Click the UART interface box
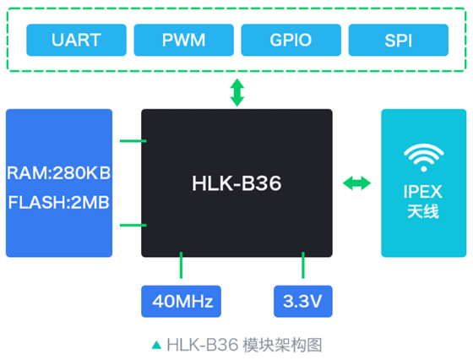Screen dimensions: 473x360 (76, 40)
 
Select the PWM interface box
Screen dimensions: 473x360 (184, 40)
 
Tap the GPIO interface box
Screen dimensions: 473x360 (291, 40)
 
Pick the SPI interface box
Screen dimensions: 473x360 (399, 40)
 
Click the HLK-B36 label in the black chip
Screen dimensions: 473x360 (236, 183)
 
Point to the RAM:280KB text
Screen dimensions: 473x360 (59, 173)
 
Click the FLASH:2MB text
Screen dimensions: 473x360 (59, 202)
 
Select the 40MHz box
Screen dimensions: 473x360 (181, 301)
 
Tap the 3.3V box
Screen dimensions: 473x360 (303, 301)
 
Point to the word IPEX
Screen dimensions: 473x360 (423, 192)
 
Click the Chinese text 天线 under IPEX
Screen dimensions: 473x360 (423, 211)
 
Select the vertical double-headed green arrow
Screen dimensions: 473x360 (237, 92)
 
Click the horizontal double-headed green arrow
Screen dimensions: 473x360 (356, 183)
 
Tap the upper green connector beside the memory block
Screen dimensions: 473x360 (133, 141)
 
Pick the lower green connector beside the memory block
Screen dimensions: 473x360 (133, 225)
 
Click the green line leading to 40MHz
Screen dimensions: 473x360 (181, 265)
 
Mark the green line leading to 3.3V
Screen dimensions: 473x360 (303, 265)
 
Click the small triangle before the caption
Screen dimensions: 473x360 (156, 345)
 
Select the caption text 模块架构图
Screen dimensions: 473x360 (282, 345)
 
